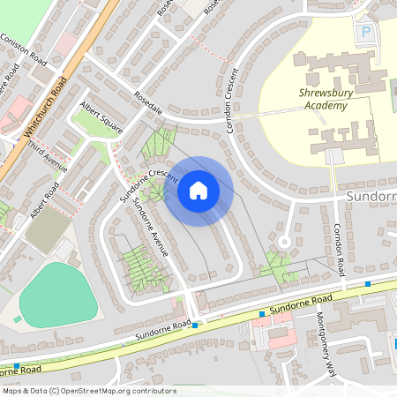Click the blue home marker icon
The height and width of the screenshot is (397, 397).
pyautogui.click(x=198, y=191)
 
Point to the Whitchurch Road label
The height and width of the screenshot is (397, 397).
pyautogui.click(x=46, y=107)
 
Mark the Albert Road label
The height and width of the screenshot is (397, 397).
pyautogui.click(x=44, y=200)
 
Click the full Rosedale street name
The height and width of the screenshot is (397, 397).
pyautogui.click(x=148, y=102)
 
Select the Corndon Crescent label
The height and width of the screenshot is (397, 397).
pyautogui.click(x=232, y=101)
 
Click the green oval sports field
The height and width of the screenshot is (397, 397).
pyautogui.click(x=58, y=293)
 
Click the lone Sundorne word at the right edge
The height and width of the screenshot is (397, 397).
pyautogui.click(x=370, y=195)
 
